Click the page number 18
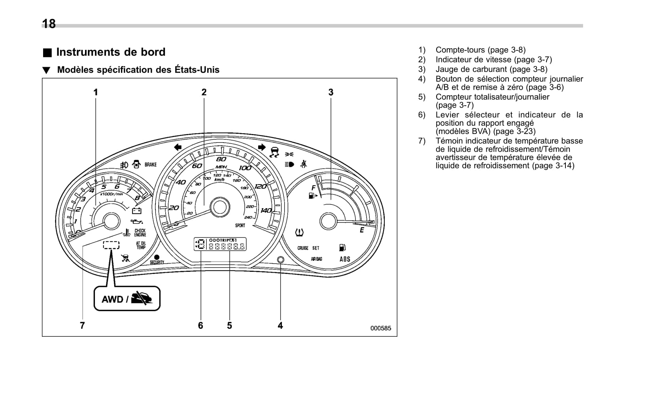(x=49, y=24)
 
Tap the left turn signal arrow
(x=178, y=147)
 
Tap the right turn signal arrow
(x=261, y=147)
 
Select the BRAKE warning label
(x=150, y=165)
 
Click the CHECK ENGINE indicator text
(x=140, y=233)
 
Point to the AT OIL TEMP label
(x=141, y=245)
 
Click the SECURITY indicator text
(x=157, y=262)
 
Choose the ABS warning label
(x=345, y=259)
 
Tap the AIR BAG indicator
(x=316, y=259)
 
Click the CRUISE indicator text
(x=303, y=248)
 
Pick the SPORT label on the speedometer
(x=240, y=226)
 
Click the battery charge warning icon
(x=136, y=211)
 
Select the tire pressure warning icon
(x=299, y=232)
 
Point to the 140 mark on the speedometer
(x=266, y=211)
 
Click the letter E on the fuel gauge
(x=361, y=230)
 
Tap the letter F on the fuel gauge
(x=313, y=188)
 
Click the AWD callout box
(x=127, y=299)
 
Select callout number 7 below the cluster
(x=82, y=326)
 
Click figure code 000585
(x=380, y=328)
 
